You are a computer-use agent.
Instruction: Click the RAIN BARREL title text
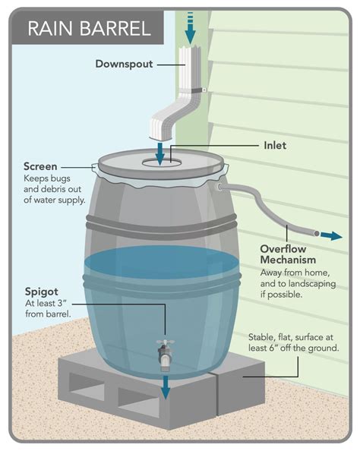[x=89, y=29]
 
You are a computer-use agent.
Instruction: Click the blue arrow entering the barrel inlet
[x=160, y=152]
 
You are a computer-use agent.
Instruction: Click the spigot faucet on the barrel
[x=164, y=352]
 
